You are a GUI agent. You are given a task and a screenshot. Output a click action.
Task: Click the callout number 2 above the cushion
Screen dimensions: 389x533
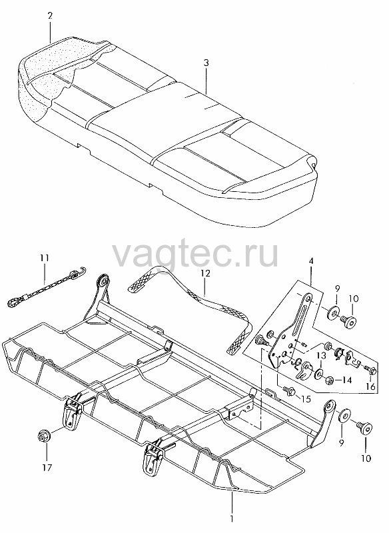pyautogui.click(x=50, y=16)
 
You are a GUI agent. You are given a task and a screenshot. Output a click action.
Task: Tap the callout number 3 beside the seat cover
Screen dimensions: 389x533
pyautogui.click(x=206, y=63)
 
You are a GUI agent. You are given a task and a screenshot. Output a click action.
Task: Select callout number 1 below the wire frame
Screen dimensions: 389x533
pyautogui.click(x=232, y=520)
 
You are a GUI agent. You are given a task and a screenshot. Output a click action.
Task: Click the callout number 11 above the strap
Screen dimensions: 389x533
pyautogui.click(x=45, y=258)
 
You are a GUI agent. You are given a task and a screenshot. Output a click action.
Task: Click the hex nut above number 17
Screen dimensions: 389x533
pyautogui.click(x=43, y=436)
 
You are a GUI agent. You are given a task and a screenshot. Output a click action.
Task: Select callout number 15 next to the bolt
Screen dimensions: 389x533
pyautogui.click(x=306, y=398)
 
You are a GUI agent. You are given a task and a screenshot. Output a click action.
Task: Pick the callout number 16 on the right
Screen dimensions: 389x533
pyautogui.click(x=370, y=386)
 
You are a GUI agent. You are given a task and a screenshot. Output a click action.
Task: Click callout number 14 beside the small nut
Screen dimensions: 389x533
pyautogui.click(x=346, y=380)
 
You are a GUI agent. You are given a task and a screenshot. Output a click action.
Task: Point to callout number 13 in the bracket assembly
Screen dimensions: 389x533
pyautogui.click(x=322, y=356)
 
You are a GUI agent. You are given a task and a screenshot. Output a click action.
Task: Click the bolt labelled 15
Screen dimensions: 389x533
pyautogui.click(x=289, y=392)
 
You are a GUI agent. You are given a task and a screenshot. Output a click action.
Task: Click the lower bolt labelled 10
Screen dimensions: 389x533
pyautogui.click(x=364, y=428)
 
